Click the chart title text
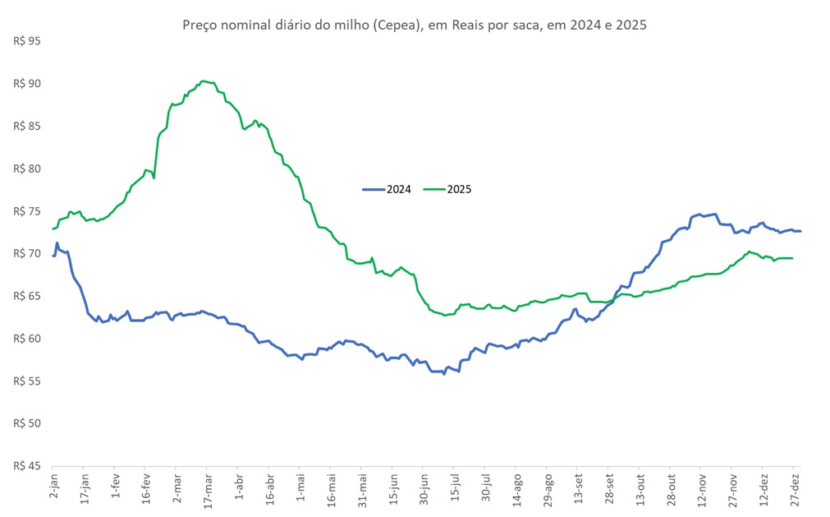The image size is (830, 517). (x=414, y=25)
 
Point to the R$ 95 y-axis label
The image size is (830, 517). (x=28, y=41)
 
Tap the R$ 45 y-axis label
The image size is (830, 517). (x=28, y=466)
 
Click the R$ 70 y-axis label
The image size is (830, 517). (x=28, y=253)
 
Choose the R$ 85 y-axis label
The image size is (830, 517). (x=28, y=126)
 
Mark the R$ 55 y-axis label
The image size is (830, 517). (x=28, y=381)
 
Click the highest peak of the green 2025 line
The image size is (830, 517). (x=204, y=81)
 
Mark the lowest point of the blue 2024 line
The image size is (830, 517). (x=444, y=374)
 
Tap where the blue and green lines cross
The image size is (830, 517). (x=612, y=301)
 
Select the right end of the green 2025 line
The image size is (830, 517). (x=791, y=258)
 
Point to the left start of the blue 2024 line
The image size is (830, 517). (x=53, y=256)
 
